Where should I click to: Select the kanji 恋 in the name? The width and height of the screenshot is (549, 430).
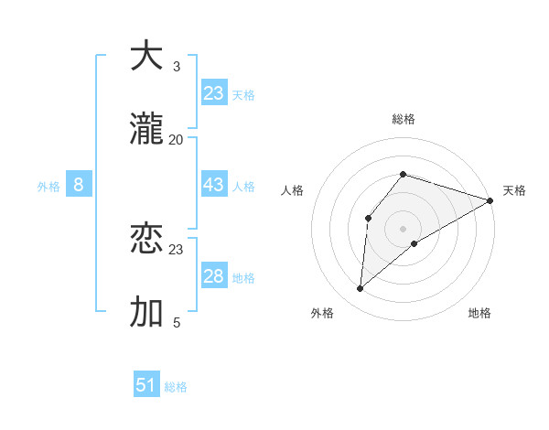click(x=146, y=239)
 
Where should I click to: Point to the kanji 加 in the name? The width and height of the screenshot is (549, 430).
click(x=146, y=312)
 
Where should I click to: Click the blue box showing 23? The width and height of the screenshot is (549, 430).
click(x=214, y=93)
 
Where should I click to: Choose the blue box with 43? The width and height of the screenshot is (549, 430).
click(x=214, y=185)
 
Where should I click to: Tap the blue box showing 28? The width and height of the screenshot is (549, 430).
click(x=214, y=276)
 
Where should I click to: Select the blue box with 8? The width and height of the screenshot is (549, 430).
click(x=79, y=185)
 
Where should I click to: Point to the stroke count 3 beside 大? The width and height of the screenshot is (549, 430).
click(x=177, y=67)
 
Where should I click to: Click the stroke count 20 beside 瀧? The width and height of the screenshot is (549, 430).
click(x=177, y=140)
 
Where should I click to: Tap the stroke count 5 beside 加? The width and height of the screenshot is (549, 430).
click(x=177, y=323)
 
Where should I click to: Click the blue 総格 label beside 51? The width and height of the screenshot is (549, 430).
click(x=176, y=387)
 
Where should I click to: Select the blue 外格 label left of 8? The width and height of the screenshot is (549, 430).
click(x=48, y=187)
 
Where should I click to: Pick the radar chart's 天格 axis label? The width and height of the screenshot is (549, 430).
click(x=514, y=190)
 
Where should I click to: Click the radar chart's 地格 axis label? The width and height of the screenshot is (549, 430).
click(x=479, y=313)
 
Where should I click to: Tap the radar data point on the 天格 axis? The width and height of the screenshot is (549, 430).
click(x=490, y=200)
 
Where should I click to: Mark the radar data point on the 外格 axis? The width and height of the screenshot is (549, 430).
click(x=361, y=289)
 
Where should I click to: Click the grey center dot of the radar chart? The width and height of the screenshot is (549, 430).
click(x=403, y=228)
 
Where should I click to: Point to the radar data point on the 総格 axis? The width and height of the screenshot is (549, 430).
click(x=403, y=174)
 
